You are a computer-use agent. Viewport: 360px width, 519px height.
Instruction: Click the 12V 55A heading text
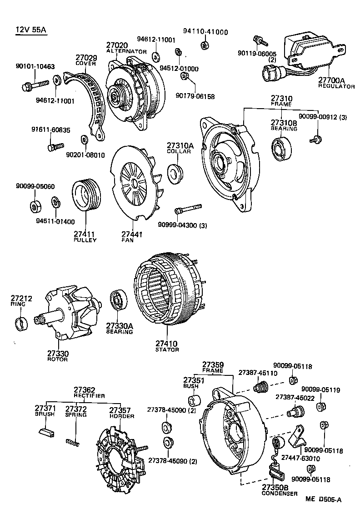[x=31, y=30]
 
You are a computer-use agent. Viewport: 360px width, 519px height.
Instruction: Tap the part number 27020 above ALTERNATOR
[x=117, y=45]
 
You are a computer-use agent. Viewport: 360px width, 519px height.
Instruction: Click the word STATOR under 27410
[x=167, y=349]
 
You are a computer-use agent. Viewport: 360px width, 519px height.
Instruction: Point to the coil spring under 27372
[x=73, y=441]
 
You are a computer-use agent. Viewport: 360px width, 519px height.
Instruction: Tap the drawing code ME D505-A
[x=323, y=499]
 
